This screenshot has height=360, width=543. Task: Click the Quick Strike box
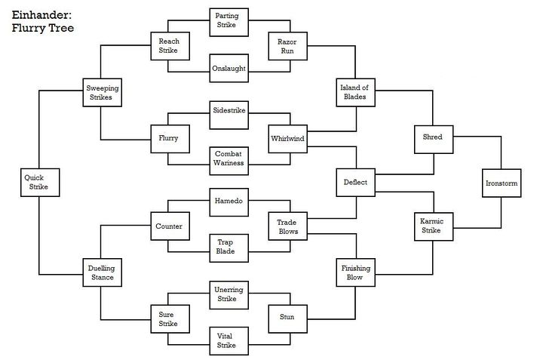40,183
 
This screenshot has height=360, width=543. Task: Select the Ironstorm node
502,183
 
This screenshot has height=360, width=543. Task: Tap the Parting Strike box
229,22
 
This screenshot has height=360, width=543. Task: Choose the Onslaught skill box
229,68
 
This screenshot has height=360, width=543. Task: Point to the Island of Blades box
356,93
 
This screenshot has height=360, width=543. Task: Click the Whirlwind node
288,139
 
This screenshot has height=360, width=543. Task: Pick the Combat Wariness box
229,161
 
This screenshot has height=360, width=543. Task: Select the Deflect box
356,183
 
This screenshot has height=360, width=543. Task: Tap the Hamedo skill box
229,202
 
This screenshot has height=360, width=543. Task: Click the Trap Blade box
229,248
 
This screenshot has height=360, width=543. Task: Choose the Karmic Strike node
434,226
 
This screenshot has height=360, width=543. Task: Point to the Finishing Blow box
356,272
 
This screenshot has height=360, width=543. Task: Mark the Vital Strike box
229,341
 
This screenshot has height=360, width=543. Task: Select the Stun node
288,318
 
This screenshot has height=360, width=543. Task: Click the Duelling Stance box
102,272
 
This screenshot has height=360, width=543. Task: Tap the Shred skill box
434,140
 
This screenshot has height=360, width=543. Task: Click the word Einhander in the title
41,15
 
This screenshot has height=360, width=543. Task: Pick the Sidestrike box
229,115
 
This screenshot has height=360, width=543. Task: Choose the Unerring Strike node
229,295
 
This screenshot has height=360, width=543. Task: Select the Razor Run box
288,46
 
